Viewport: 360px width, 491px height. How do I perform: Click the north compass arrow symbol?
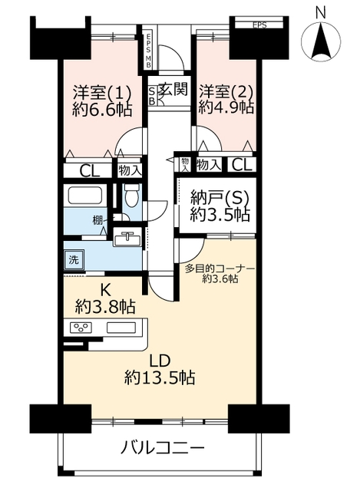click(321, 41)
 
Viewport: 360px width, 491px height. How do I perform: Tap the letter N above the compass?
click(321, 13)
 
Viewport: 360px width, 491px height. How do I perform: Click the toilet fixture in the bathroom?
click(130, 196)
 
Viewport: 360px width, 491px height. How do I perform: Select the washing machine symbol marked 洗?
click(74, 259)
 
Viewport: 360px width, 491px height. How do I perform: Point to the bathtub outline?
click(85, 196)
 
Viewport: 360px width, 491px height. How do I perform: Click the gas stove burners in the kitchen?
click(81, 328)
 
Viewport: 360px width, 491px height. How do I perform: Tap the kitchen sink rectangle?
click(121, 328)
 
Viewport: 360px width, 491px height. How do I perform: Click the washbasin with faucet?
click(128, 237)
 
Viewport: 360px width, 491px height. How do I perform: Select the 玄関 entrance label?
click(173, 89)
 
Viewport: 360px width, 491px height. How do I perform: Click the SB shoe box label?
click(151, 96)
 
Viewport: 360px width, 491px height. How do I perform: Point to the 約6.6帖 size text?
click(102, 110)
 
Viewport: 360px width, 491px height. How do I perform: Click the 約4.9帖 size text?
click(226, 107)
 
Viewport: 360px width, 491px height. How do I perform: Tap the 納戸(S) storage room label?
click(220, 198)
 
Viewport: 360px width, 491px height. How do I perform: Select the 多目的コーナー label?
click(220, 269)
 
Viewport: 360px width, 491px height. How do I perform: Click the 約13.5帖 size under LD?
click(160, 377)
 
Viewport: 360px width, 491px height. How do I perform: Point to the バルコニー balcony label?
click(163, 448)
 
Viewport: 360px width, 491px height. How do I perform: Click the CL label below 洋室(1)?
click(89, 171)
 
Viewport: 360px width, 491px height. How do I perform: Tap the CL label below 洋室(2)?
click(242, 165)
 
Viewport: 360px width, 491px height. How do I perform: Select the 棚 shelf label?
click(97, 221)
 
